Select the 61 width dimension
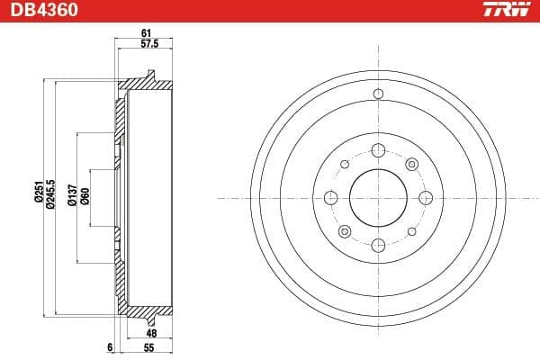point(145,33)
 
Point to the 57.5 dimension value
point(148,43)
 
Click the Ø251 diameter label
point(39,195)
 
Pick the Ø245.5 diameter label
point(51,195)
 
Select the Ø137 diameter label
point(71,195)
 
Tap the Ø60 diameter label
point(85,195)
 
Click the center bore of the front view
point(378,197)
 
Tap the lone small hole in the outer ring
point(378,94)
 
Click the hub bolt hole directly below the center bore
point(378,244)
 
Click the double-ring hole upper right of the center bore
point(411,164)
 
